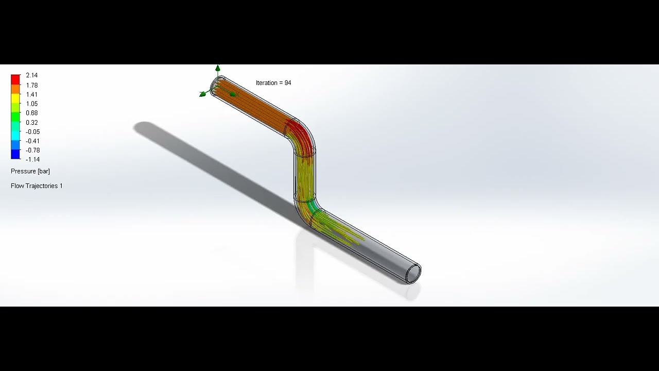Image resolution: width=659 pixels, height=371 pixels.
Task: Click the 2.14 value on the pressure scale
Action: coord(31,76)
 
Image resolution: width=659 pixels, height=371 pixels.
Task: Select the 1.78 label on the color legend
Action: coord(31,86)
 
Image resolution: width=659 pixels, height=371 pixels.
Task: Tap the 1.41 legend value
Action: coord(31,95)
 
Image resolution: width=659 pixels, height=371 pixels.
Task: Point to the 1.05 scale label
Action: coord(31,104)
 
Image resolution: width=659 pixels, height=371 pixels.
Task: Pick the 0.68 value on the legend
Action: coord(31,113)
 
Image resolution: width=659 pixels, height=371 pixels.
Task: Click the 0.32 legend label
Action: coord(31,123)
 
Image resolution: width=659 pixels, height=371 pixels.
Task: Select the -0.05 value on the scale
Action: coord(32,132)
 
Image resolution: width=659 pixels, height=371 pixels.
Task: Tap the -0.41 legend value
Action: coord(32,141)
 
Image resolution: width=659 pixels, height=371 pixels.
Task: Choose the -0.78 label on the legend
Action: coord(32,150)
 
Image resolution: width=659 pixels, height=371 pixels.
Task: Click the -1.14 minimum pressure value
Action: coord(32,160)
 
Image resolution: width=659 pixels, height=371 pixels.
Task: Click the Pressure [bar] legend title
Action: coord(30,171)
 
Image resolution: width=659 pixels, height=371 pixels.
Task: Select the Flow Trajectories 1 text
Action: coord(37,186)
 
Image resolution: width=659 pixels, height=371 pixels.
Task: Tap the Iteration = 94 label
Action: coord(273,83)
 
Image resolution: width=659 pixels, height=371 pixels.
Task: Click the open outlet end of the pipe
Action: coord(413,274)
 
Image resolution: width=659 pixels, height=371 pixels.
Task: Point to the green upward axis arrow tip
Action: coord(218,68)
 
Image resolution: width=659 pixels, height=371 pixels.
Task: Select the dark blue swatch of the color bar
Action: coord(15,154)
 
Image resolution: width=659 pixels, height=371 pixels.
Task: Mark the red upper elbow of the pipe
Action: coord(301,136)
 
